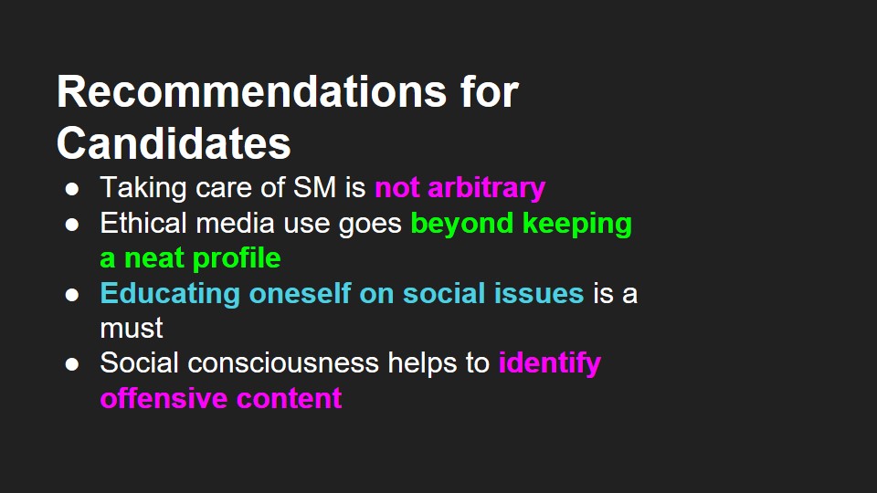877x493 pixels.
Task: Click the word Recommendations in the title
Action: (x=252, y=91)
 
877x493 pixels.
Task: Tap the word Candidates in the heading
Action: (x=174, y=143)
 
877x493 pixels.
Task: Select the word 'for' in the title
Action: (x=490, y=91)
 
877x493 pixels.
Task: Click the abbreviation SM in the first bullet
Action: (x=314, y=187)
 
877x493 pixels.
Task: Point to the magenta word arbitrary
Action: (x=487, y=188)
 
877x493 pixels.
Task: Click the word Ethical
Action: (x=143, y=223)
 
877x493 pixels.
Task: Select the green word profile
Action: (x=237, y=258)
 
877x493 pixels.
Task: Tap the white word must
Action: (x=132, y=329)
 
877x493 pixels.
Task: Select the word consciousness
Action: (x=283, y=363)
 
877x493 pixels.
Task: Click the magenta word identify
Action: (x=550, y=364)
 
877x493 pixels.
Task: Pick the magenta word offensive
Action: (x=164, y=399)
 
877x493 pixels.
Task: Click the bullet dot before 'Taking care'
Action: (x=71, y=189)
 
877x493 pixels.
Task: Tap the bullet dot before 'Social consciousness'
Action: (x=71, y=364)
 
